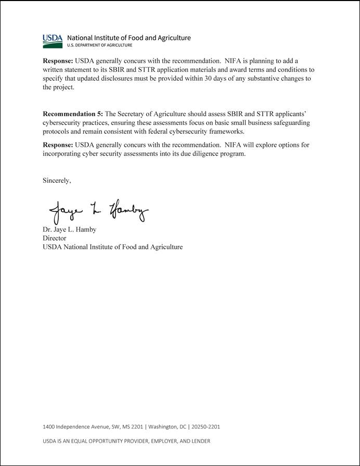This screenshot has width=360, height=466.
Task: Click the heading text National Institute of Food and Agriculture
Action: tap(128, 37)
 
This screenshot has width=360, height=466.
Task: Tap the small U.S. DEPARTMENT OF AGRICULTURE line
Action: tap(96, 45)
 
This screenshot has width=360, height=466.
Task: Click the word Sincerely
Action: tap(57, 181)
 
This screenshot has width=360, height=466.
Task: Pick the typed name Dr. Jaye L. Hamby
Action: tap(69, 230)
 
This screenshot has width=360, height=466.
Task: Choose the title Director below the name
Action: tap(54, 238)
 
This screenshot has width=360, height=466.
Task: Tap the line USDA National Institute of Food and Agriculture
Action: tap(112, 247)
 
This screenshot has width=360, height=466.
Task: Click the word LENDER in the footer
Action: tap(200, 441)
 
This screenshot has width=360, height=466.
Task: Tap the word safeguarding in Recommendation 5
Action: tap(291, 122)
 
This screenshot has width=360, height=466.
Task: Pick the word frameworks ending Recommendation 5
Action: tap(224, 131)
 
